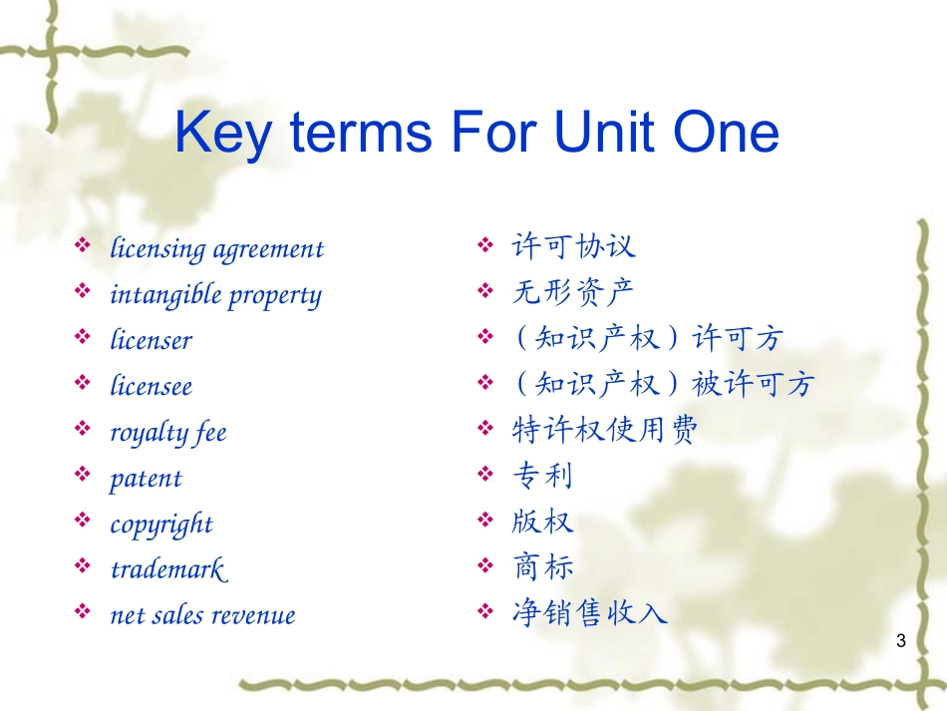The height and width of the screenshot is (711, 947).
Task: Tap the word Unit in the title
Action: pyautogui.click(x=604, y=131)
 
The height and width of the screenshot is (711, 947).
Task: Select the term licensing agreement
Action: pyautogui.click(x=217, y=249)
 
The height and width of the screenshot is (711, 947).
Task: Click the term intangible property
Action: pyautogui.click(x=215, y=295)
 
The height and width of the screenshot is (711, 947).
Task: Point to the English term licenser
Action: pyautogui.click(x=151, y=339)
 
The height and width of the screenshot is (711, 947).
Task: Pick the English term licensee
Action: pyautogui.click(x=151, y=385)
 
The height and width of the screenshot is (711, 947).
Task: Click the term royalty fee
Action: pyautogui.click(x=168, y=433)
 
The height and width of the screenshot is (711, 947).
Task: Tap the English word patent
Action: pyautogui.click(x=146, y=480)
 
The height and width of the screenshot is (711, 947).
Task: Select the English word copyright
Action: pyautogui.click(x=161, y=525)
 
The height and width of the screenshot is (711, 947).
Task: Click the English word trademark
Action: pyautogui.click(x=169, y=569)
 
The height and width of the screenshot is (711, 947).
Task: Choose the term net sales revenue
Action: pyautogui.click(x=203, y=615)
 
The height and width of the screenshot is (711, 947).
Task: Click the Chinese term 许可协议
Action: pyautogui.click(x=573, y=246)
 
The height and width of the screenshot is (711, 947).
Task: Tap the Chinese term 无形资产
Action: pyautogui.click(x=572, y=292)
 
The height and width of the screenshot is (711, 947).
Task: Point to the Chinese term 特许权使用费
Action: pyautogui.click(x=604, y=430)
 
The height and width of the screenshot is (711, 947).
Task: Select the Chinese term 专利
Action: pyautogui.click(x=541, y=476)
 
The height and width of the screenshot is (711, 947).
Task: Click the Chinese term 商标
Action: pyautogui.click(x=542, y=566)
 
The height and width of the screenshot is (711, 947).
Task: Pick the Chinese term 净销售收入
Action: pyautogui.click(x=589, y=612)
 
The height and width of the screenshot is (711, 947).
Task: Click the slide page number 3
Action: pyautogui.click(x=901, y=641)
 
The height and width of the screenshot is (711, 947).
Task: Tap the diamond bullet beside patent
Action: pyautogui.click(x=82, y=474)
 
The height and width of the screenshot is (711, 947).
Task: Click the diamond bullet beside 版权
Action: pyautogui.click(x=485, y=520)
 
